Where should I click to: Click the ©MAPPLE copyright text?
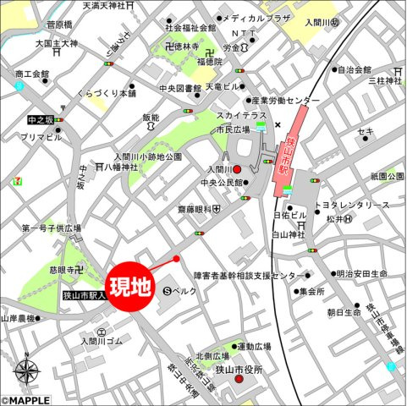(x=25, y=400)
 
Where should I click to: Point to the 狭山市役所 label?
(x=239, y=369)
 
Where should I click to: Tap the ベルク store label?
(x=184, y=290)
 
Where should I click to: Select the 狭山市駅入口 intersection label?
(x=84, y=295)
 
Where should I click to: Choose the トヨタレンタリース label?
(x=352, y=206)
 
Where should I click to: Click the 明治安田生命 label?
(x=361, y=274)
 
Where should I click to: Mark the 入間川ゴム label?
(x=102, y=341)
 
